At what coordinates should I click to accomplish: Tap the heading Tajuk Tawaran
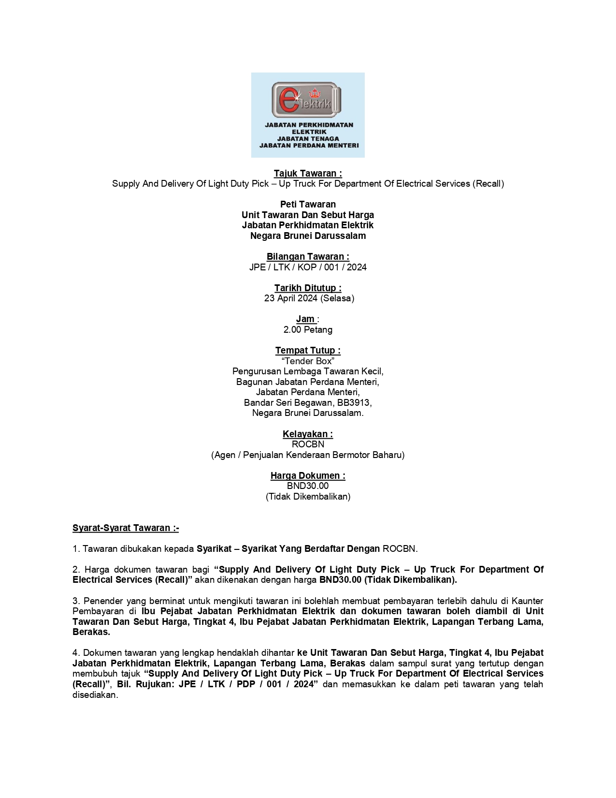[308, 173]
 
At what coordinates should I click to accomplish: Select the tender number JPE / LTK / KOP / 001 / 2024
[308, 267]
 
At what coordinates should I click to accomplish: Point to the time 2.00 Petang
[308, 330]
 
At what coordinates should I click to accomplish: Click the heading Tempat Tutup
[308, 350]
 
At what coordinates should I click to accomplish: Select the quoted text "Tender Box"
[308, 361]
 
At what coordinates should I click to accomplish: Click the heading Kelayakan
[308, 434]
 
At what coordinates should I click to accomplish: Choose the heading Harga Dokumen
[308, 475]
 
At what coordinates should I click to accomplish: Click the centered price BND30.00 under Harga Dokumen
[308, 486]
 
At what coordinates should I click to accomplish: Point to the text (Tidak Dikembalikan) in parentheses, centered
[308, 497]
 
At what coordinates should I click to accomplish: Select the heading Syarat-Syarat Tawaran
[126, 528]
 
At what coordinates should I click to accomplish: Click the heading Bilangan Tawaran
[308, 256]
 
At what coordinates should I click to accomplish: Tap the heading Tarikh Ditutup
[308, 288]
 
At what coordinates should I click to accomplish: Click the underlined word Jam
[305, 319]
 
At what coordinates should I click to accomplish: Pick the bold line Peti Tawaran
[308, 204]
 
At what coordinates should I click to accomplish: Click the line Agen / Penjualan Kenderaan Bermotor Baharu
[308, 455]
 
